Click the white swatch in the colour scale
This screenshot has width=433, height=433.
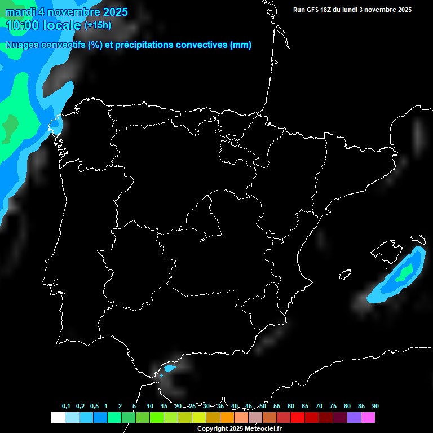[x=58, y=417]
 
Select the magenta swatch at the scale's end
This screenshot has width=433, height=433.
[x=368, y=417]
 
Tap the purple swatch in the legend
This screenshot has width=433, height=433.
[x=354, y=417]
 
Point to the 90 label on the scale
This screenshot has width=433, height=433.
[x=375, y=406]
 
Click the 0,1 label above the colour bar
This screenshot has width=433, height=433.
[x=66, y=406]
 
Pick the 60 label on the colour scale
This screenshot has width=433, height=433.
[x=290, y=406]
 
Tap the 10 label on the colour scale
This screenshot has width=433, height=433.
[x=149, y=406]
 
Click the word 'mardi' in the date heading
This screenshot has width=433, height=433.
[x=20, y=12]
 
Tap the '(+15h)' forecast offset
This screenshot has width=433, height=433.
[x=98, y=25]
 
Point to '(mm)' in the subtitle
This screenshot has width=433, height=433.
[x=241, y=45]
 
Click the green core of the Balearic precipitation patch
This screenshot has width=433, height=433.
[x=404, y=275]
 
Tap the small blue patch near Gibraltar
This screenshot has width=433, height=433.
[x=169, y=369]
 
